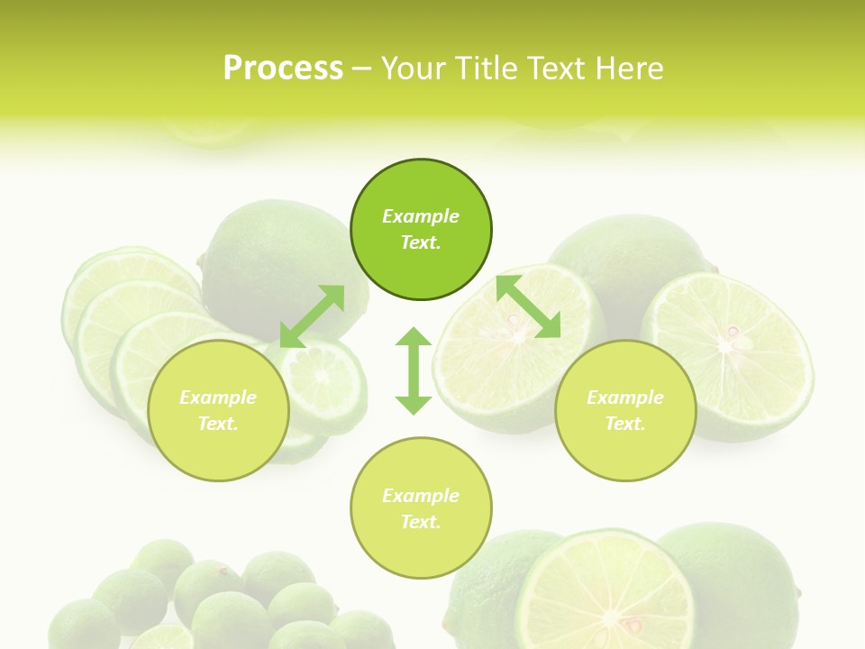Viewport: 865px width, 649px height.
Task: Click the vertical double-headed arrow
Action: (x=414, y=370)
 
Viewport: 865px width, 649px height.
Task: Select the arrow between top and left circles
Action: (x=312, y=316)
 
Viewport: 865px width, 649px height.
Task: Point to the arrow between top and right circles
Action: (x=528, y=306)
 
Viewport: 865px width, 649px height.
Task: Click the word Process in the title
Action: (x=283, y=69)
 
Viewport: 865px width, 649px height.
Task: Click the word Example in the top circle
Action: (x=421, y=216)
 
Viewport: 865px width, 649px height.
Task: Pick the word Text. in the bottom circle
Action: (x=421, y=522)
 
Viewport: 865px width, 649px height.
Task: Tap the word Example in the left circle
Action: (x=218, y=398)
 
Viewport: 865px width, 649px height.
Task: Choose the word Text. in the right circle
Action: (x=625, y=424)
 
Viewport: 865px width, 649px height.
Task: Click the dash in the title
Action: (x=362, y=69)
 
